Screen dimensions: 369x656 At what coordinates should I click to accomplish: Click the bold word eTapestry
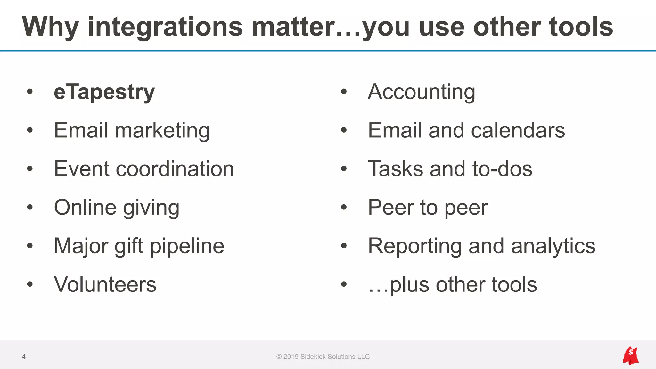(x=104, y=92)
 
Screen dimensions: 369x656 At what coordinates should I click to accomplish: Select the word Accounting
(x=421, y=92)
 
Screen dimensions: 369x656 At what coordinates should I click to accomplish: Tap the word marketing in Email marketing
(x=162, y=131)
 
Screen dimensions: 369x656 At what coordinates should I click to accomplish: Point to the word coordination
(x=175, y=169)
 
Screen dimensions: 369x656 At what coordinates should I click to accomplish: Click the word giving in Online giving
(x=151, y=208)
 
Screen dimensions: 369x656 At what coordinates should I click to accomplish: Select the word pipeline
(x=187, y=246)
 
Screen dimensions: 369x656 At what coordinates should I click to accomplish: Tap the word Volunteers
(x=105, y=284)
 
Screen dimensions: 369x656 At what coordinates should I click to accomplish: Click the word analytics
(x=553, y=246)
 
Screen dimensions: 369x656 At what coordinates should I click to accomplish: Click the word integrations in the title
(x=165, y=27)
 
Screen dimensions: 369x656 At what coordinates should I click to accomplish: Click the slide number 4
(x=23, y=357)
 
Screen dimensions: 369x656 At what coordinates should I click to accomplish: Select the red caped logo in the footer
(x=631, y=355)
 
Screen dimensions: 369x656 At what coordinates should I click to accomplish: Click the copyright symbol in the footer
(x=279, y=357)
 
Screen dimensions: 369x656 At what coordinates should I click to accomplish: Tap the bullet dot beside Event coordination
(x=30, y=169)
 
